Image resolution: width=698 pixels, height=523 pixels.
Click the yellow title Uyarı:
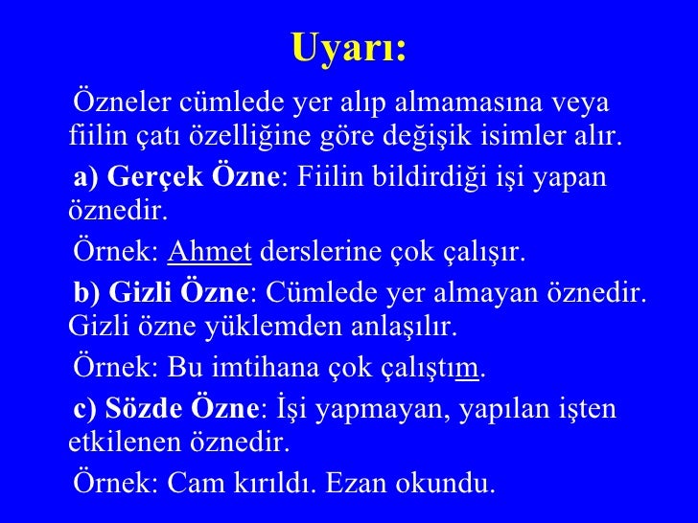[x=348, y=48]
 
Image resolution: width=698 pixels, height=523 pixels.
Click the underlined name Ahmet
[x=209, y=254]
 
